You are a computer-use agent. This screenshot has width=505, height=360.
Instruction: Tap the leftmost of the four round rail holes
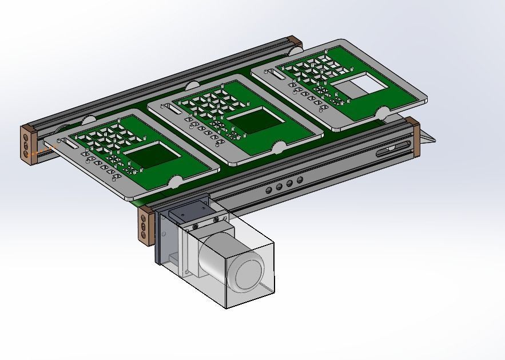[269, 189]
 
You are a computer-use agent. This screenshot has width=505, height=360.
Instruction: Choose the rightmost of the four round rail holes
[299, 181]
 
